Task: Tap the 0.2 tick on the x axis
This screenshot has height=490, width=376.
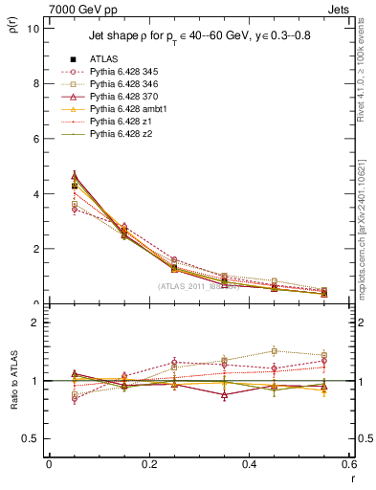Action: [x=148, y=464]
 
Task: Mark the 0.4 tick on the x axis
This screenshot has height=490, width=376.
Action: [x=249, y=464]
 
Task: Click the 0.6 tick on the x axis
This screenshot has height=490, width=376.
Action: [x=348, y=464]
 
